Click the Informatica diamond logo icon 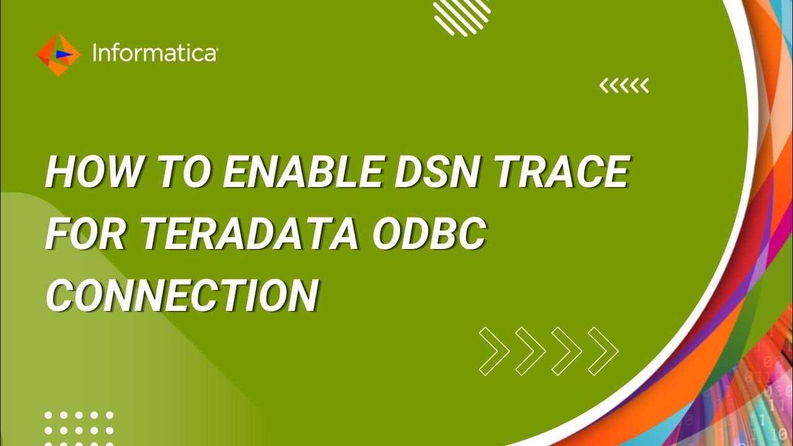coord(58,55)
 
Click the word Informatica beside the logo coord(154,54)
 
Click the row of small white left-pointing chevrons coord(624,86)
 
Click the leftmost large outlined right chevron coord(494,351)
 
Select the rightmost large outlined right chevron coord(602,351)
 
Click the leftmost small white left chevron coord(604,86)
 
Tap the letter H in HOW coord(62,173)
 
